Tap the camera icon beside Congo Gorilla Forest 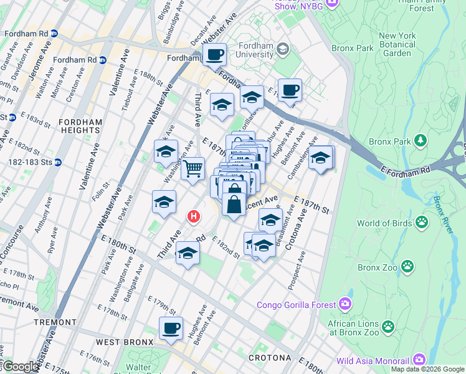(x=345, y=305)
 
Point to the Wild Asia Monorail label (x=373, y=360)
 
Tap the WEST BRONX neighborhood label (x=124, y=343)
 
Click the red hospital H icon (x=194, y=217)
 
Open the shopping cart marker (x=193, y=168)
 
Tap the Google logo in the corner (x=20, y=367)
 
